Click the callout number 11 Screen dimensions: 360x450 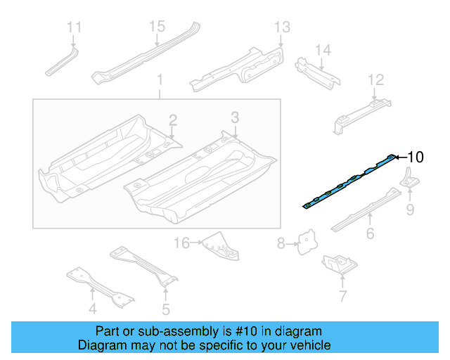75,27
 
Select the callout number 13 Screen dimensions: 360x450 281,27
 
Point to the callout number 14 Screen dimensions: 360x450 322,50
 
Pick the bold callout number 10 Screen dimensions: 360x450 416,157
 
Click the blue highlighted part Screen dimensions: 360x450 349,182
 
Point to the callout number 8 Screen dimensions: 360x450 281,244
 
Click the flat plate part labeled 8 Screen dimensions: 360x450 304,243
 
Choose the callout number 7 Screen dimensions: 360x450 342,296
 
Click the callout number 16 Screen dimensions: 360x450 182,243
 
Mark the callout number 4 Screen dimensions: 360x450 92,308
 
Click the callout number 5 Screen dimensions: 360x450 166,308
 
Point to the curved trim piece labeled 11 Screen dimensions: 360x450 62,61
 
